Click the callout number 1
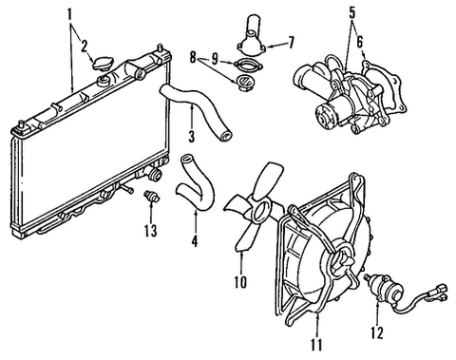click(69, 16)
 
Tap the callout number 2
click(85, 44)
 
